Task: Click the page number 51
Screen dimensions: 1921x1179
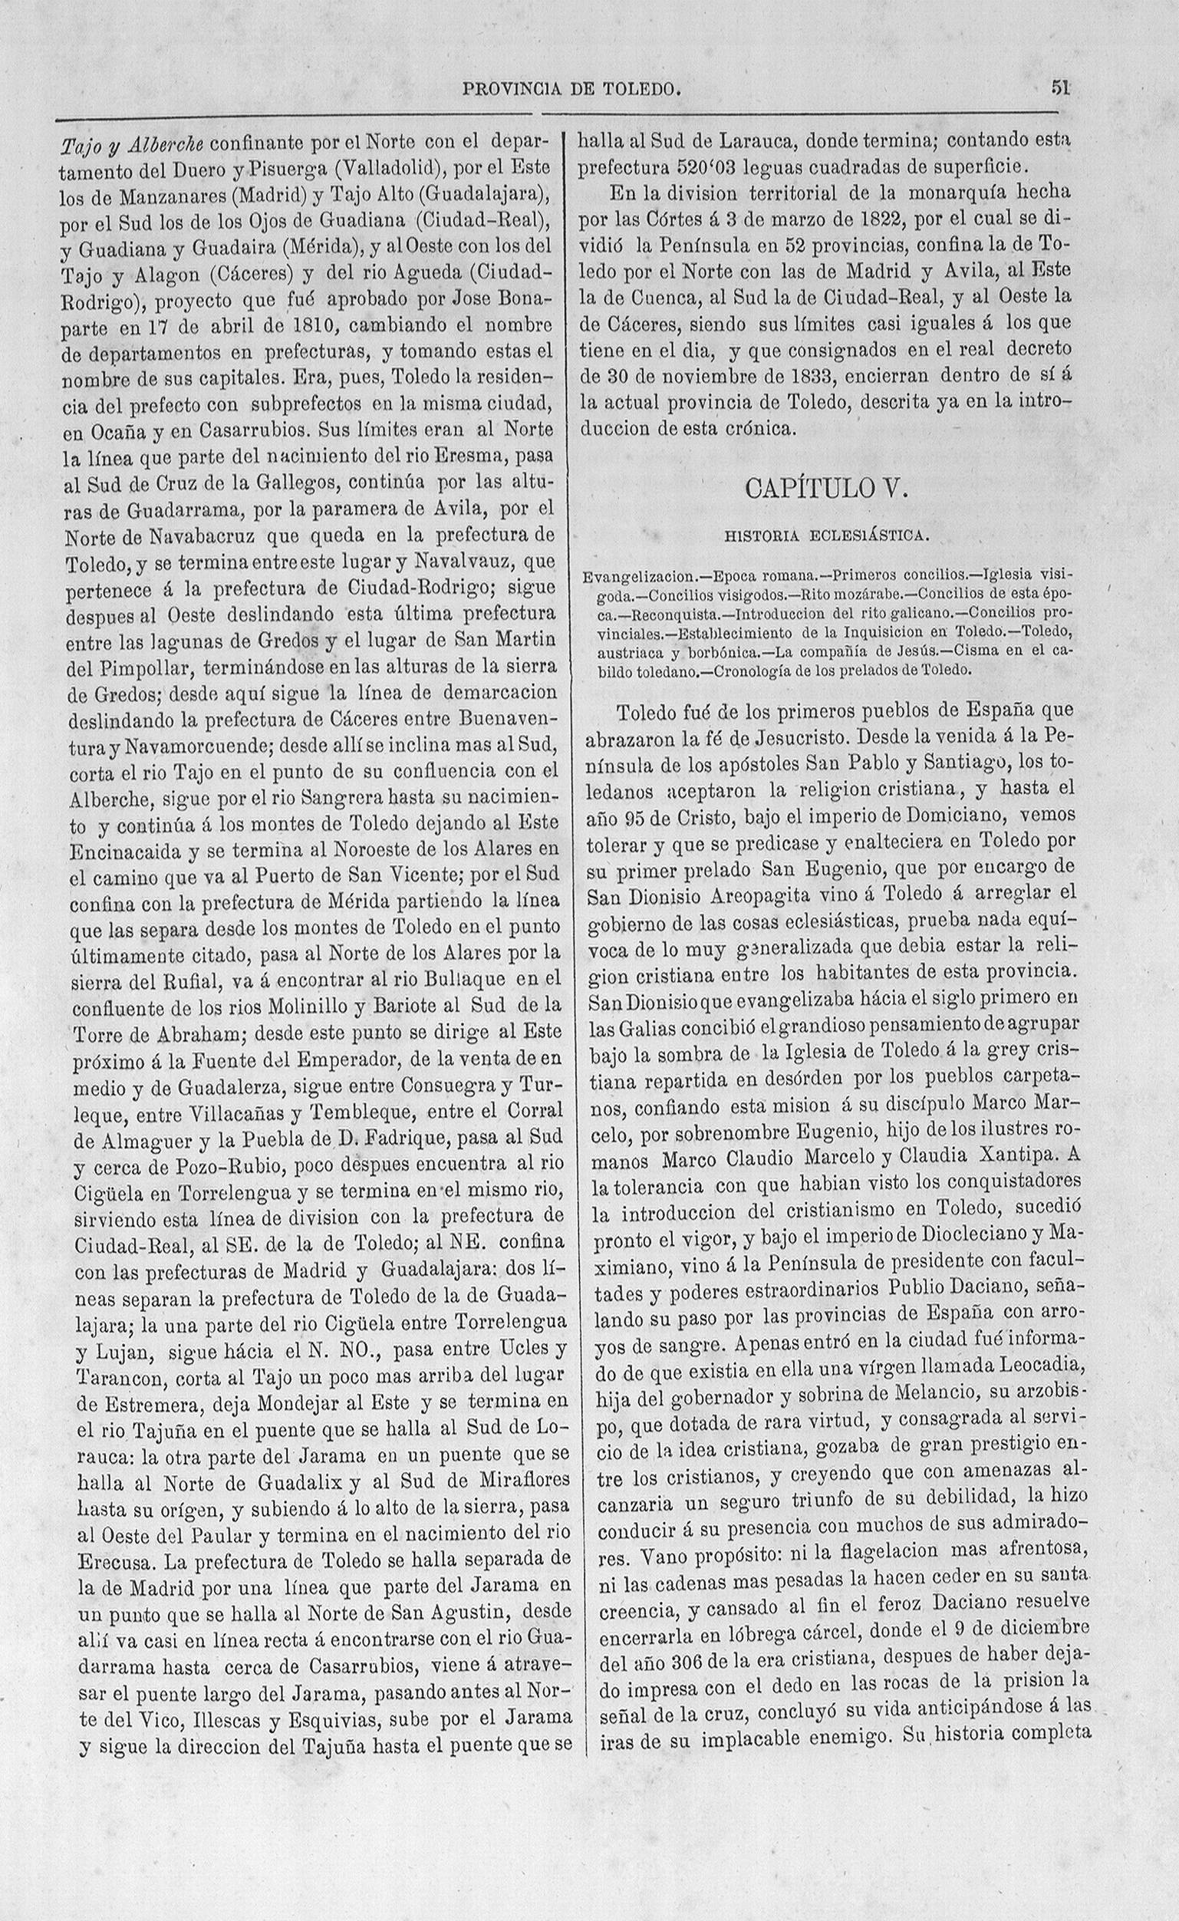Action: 1059,87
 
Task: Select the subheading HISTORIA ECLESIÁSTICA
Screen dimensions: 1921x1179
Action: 827,535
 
